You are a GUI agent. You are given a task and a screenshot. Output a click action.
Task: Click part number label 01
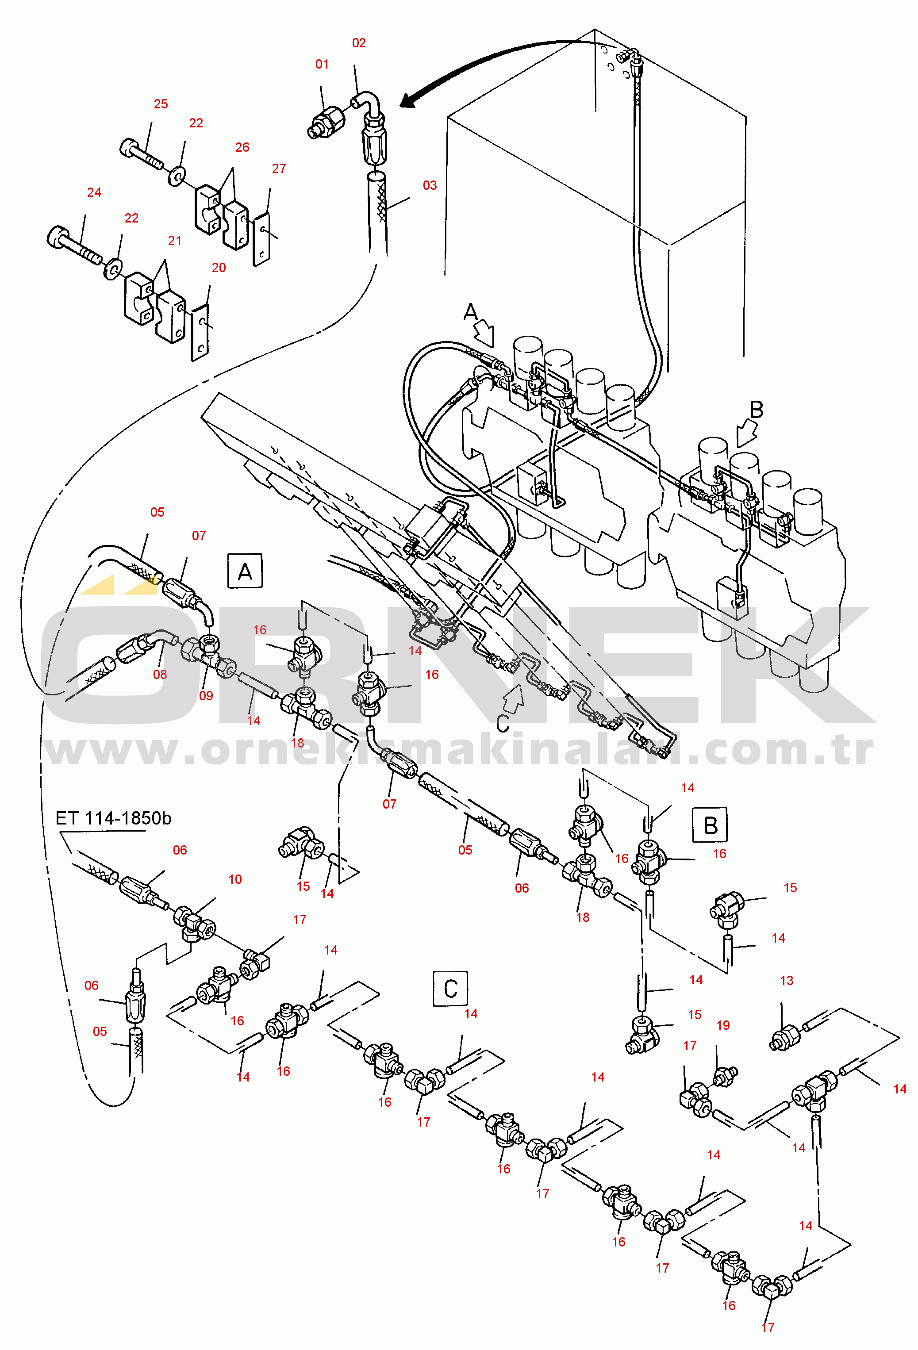click(322, 65)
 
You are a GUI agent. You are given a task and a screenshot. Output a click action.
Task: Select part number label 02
click(359, 43)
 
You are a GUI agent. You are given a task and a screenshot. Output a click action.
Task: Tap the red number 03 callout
click(430, 185)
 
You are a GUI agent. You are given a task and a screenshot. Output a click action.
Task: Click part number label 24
click(94, 192)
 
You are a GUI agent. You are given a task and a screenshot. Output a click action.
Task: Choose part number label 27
click(279, 169)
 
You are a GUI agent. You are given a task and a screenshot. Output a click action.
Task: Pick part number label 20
click(219, 268)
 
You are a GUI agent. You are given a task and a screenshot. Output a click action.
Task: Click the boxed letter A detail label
click(245, 571)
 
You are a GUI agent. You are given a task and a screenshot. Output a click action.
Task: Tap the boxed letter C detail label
click(451, 988)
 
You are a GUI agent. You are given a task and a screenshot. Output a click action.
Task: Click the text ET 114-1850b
click(113, 818)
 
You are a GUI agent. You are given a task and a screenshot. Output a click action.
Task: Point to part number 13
click(787, 981)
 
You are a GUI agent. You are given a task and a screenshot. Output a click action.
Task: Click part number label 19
click(723, 1025)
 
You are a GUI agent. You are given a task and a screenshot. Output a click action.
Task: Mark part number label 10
click(235, 879)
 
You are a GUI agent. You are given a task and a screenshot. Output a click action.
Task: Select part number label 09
click(206, 696)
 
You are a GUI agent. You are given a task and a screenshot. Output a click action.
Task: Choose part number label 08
click(160, 675)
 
